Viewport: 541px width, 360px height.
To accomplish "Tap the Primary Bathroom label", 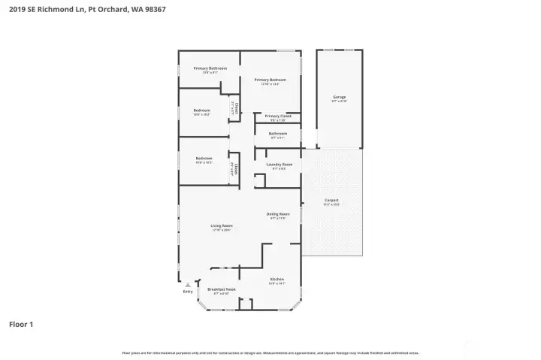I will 204,68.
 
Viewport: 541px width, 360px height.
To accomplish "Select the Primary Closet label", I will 277,116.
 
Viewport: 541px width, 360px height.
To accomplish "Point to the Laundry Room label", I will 279,164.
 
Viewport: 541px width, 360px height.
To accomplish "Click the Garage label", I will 340,97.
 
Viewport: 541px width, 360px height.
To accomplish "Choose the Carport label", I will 331,200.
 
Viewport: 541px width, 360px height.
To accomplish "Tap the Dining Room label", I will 278,214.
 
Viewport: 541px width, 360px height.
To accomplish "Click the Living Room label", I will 221,225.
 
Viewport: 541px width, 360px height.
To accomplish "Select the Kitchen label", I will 277,279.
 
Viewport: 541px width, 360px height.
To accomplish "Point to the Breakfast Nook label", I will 221,289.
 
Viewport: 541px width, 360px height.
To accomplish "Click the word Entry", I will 188,292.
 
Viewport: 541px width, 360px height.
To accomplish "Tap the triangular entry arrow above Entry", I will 188,285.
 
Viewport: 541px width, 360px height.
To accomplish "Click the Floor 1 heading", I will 21,325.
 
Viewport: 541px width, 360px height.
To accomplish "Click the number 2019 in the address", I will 16,10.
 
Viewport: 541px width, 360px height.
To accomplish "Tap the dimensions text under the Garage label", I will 340,101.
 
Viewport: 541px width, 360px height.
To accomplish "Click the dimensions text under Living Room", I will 221,230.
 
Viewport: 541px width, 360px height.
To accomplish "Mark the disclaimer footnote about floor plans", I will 270,352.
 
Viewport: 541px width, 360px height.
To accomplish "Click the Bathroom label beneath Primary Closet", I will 278,134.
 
